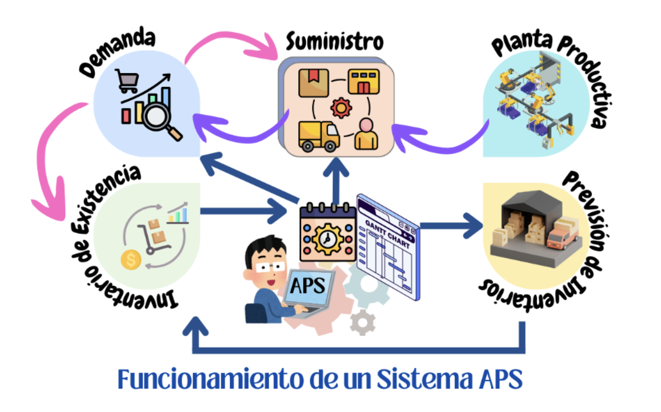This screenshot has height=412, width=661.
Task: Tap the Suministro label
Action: coord(335,42)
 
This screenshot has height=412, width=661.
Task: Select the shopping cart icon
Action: coord(127,81)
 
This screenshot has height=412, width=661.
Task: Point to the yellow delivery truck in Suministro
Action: coord(318,136)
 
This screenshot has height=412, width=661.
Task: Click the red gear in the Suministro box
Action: coord(341,108)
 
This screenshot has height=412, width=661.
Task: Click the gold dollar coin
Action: coord(131,259)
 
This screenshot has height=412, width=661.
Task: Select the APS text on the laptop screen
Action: coord(308,286)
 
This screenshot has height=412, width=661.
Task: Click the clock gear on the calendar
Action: coord(328,239)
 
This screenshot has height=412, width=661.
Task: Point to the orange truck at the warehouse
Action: coord(562,238)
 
